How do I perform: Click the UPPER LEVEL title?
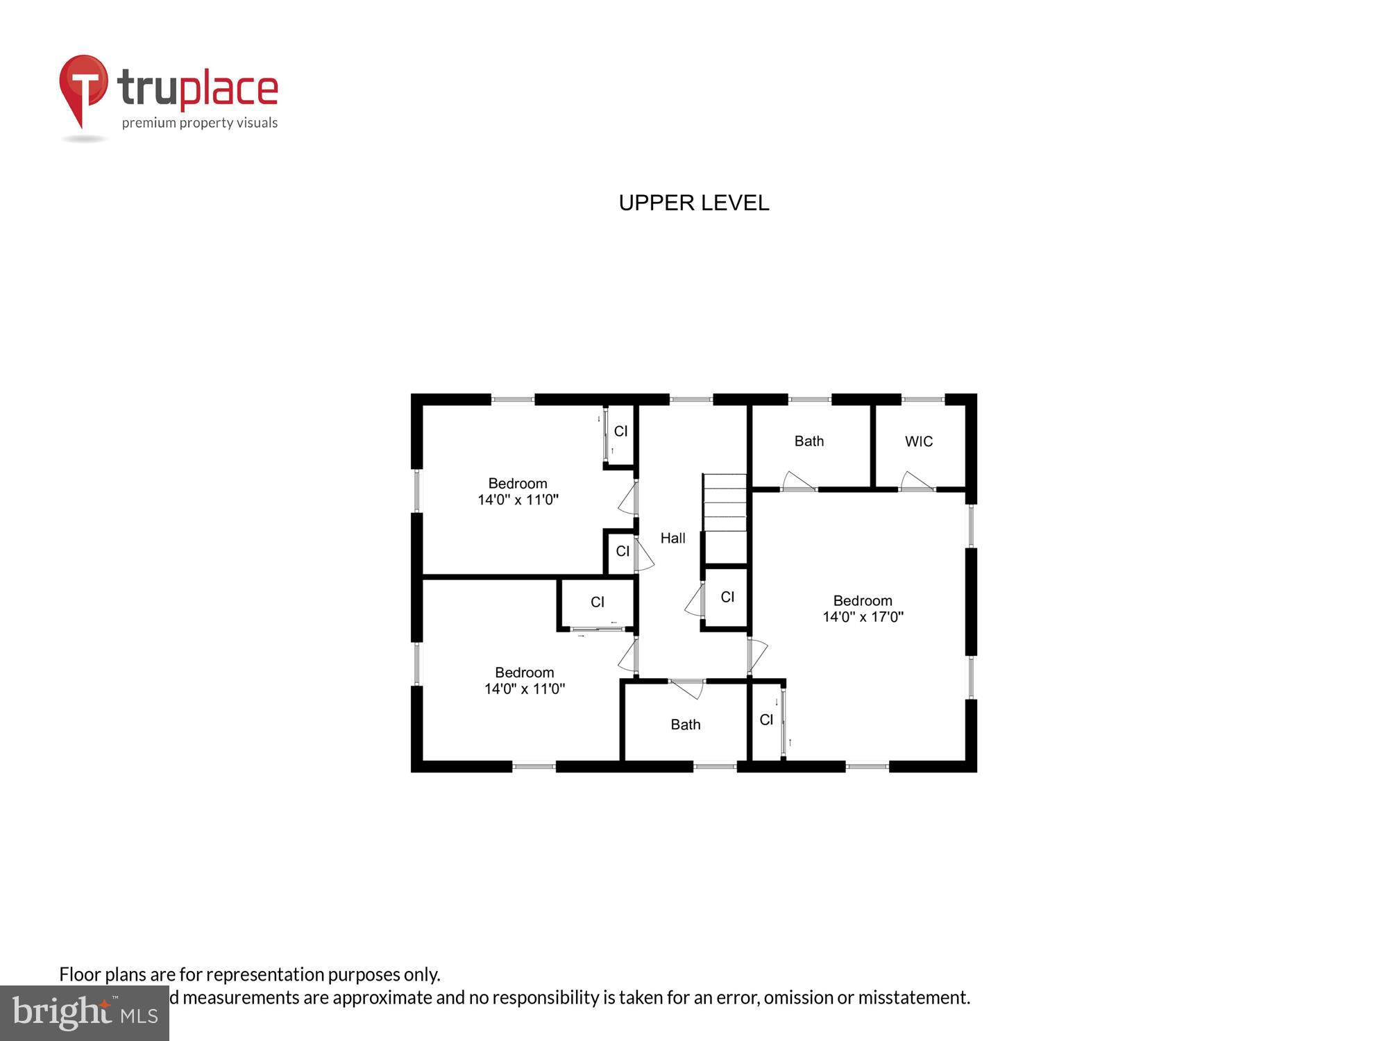693,203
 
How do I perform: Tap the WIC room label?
918,441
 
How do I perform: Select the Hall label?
672,538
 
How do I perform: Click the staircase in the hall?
725,517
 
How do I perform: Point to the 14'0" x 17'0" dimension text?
863,617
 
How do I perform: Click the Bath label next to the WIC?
809,441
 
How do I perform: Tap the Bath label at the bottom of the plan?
685,725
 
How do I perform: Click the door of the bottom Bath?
687,688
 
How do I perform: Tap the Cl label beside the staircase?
727,597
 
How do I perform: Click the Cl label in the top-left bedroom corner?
620,431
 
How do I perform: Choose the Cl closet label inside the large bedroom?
766,720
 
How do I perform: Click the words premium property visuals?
200,123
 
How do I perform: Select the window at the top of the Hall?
691,400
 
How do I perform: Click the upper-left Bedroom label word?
518,484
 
